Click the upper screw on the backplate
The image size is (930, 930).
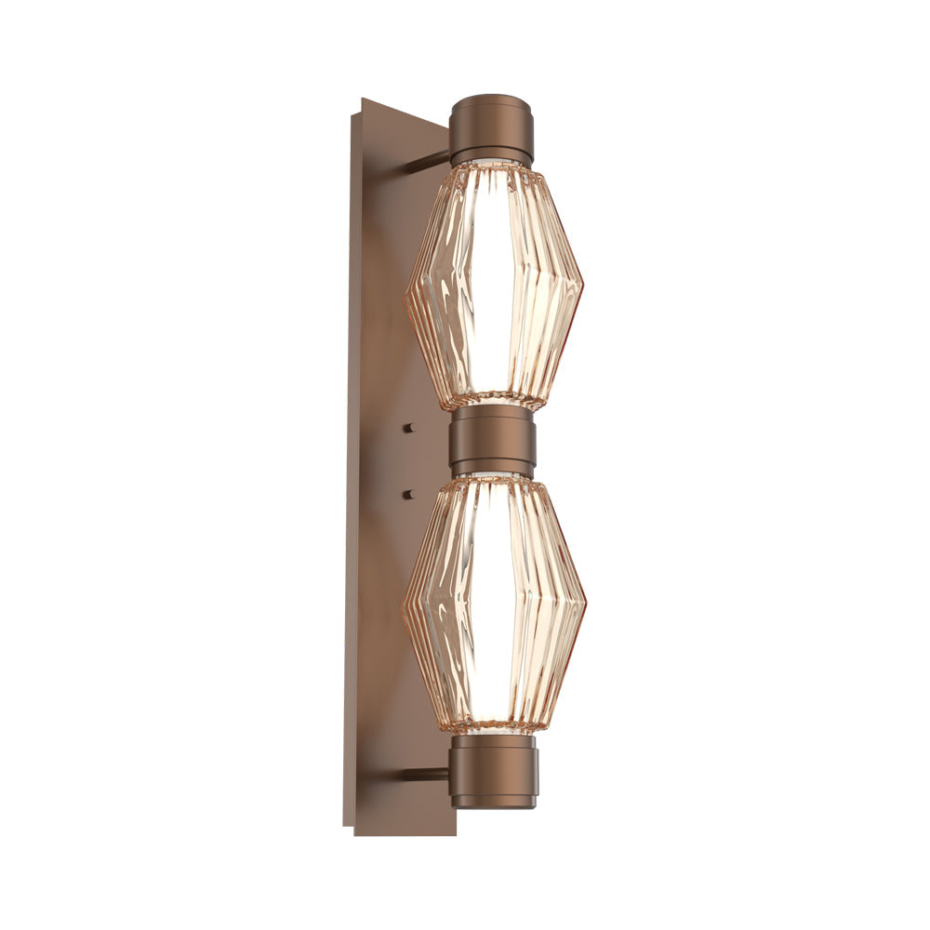(407, 428)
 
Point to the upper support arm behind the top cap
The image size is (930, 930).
(428, 164)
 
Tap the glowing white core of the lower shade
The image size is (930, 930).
(493, 604)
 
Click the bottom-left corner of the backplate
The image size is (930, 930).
(354, 833)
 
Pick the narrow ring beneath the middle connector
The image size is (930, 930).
(493, 469)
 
